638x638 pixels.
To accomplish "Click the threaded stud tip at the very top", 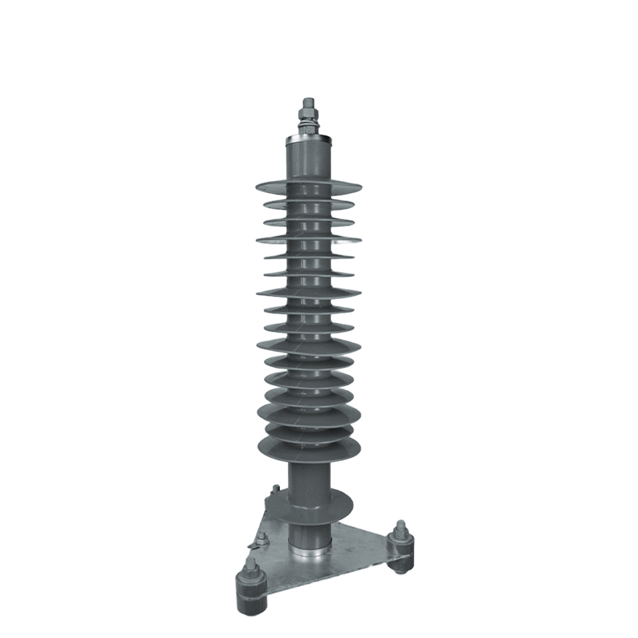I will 307,100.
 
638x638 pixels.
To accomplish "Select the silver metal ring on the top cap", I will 308,136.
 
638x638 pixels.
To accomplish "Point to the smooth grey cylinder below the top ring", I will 308,159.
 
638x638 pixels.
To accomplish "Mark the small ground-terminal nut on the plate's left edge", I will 257,545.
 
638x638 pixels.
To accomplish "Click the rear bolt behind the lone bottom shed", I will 275,490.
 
